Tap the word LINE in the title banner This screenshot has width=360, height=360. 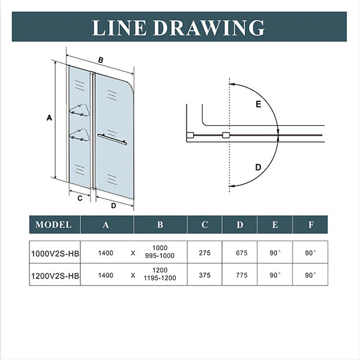pos(121,27)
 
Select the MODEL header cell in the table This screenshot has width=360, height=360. pos(54,225)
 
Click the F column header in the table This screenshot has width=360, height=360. pos(310,225)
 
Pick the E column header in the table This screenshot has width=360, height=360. pos(275,225)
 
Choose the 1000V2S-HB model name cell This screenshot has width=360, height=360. pos(55,253)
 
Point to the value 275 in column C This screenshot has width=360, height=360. pos(205,253)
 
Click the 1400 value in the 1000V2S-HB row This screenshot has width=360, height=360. pos(106,253)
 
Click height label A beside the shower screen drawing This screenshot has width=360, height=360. pos(49,119)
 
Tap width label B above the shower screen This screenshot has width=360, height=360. pos(101,59)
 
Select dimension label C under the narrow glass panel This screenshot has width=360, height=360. pos(79,196)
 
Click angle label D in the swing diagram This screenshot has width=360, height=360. pos(258,167)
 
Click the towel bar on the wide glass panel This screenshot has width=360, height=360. pos(112,139)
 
